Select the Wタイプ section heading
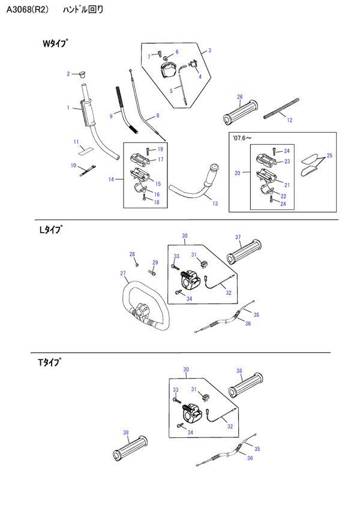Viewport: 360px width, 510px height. [55, 43]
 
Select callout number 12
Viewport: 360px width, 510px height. [289, 120]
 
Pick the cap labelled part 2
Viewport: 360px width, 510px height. [81, 75]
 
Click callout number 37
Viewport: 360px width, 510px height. [238, 236]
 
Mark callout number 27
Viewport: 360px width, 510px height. [123, 274]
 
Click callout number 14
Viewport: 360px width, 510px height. [112, 179]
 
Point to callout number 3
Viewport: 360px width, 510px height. [210, 51]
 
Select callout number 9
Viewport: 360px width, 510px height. [111, 116]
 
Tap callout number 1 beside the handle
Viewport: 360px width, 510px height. [68, 109]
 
